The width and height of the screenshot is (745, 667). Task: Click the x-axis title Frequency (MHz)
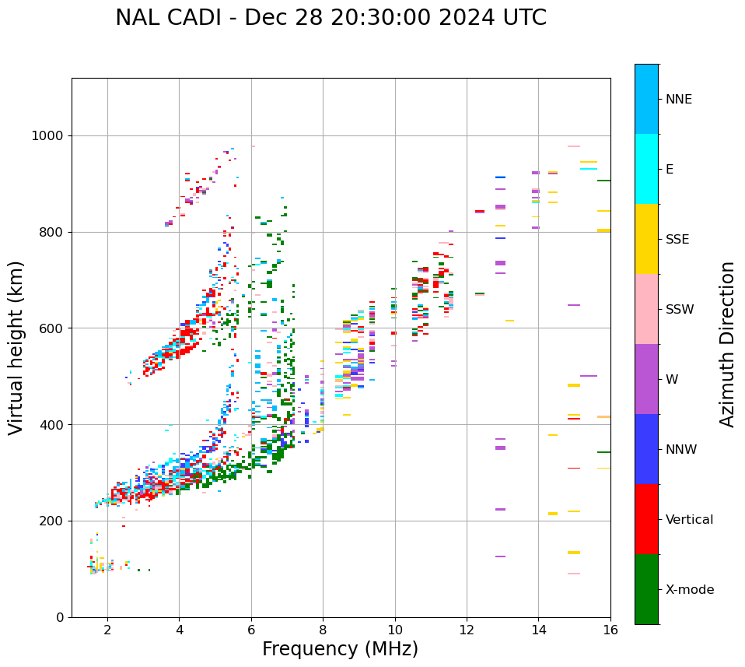(340, 649)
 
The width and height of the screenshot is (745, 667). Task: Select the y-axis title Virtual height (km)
(16, 347)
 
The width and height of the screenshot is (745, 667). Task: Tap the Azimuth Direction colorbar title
(727, 344)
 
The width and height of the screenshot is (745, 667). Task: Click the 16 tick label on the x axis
(610, 629)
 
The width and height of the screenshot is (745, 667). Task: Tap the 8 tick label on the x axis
(323, 629)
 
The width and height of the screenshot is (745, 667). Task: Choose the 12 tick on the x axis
(467, 629)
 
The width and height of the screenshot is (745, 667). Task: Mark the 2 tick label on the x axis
(107, 629)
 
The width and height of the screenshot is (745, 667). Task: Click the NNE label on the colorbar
(678, 100)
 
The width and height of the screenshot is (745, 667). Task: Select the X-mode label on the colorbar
(689, 590)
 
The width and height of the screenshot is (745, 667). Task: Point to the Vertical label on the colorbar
(689, 520)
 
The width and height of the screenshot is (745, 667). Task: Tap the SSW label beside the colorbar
(679, 310)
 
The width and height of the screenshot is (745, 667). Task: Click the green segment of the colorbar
(646, 589)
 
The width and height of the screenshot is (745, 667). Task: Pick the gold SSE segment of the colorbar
(646, 239)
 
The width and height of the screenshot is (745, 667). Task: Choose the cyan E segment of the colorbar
(646, 169)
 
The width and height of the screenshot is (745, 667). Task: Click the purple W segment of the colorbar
(646, 379)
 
